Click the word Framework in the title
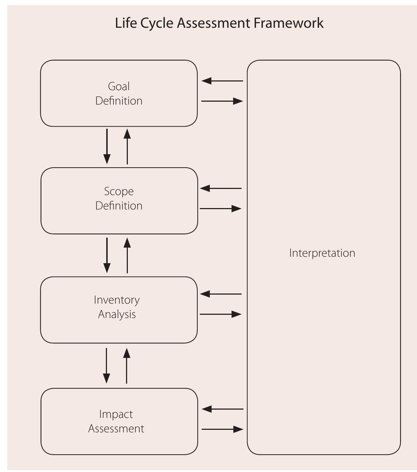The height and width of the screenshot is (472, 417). tap(288, 23)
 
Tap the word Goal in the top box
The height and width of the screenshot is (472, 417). tap(119, 87)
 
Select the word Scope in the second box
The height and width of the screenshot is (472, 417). tap(119, 191)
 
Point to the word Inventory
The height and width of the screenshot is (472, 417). tap(117, 300)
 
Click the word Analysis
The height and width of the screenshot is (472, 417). tap(117, 314)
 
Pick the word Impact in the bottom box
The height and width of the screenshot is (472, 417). tap(116, 414)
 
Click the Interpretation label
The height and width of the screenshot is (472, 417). tap(322, 253)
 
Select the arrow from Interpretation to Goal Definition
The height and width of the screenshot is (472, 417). tap(222, 81)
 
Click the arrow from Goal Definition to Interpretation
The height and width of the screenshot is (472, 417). tap(222, 101)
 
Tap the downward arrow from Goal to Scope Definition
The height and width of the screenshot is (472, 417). tap(107, 146)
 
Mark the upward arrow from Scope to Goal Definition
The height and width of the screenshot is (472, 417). tap(127, 146)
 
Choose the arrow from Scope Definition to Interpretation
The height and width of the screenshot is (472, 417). tap(220, 208)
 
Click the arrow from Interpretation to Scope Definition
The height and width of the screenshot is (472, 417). tap(220, 188)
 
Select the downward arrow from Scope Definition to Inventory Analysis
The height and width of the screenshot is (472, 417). tap(107, 255)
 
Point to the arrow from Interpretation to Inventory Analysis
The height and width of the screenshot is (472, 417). tap(220, 294)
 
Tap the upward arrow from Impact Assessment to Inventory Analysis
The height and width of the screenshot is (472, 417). tap(126, 366)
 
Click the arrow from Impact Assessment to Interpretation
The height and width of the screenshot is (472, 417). tap(223, 429)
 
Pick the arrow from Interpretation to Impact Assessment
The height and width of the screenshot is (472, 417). tap(223, 409)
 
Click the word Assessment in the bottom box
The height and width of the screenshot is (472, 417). tap(116, 429)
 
